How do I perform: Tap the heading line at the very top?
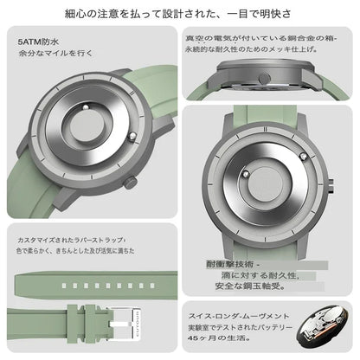(179, 15)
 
